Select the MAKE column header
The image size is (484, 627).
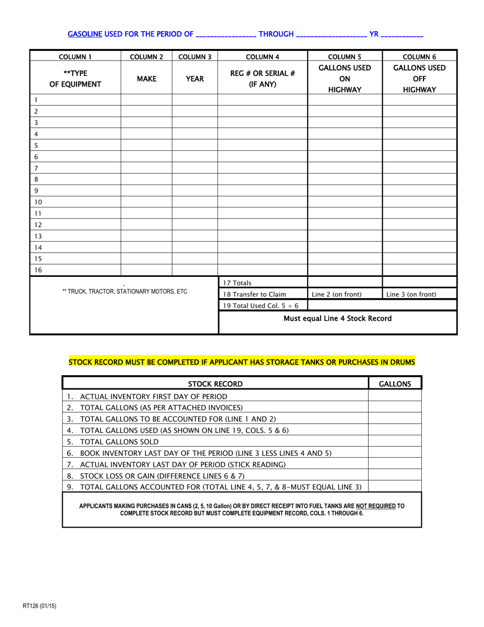click(x=146, y=79)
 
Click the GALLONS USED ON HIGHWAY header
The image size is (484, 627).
click(x=344, y=79)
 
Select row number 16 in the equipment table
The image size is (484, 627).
click(x=38, y=270)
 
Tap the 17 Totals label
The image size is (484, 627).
click(x=236, y=282)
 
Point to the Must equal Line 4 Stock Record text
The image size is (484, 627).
click(x=337, y=319)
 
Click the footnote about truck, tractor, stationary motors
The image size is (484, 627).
click(x=124, y=292)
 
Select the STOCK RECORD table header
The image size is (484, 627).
click(x=216, y=384)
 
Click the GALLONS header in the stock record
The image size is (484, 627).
click(x=395, y=384)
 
